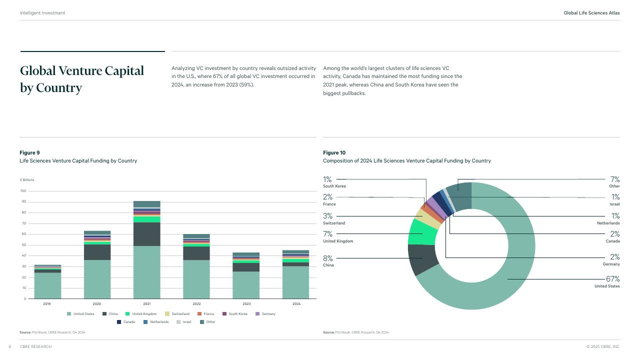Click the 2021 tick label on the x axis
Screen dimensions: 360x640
coord(146,304)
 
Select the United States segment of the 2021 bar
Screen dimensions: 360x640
coord(146,272)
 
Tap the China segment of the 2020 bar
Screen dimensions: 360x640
coord(97,252)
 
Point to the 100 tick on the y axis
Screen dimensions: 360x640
coord(23,191)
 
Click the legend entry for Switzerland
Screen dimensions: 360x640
coord(180,314)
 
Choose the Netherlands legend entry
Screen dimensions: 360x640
coord(159,322)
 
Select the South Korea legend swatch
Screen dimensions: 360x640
coord(224,314)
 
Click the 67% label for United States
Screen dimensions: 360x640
coord(612,279)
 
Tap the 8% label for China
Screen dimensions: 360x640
coord(328,258)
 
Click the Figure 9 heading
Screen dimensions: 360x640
coord(29,152)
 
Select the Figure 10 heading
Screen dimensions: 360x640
coord(334,152)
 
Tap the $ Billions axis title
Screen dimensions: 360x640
coord(27,179)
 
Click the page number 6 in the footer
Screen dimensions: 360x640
coord(10,346)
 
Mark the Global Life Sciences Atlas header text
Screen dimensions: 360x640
coord(591,13)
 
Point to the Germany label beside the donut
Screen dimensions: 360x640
coord(611,264)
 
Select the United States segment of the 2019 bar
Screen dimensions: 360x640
coord(47,285)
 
